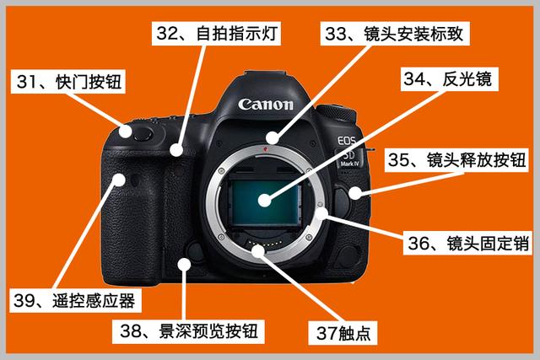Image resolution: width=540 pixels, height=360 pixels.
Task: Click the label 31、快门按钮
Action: click(68, 82)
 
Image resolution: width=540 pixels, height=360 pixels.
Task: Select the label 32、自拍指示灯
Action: click(216, 34)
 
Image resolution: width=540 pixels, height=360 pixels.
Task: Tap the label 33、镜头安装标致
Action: click(395, 34)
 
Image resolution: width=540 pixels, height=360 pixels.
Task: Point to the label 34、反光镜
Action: click(449, 79)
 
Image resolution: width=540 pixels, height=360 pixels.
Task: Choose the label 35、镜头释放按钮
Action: click(456, 160)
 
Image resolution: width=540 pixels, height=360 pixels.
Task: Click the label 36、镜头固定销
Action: click(467, 243)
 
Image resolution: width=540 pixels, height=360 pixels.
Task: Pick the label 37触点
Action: click(343, 333)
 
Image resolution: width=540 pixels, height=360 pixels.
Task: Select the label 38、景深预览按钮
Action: click(188, 331)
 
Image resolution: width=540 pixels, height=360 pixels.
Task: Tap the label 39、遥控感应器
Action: click(75, 301)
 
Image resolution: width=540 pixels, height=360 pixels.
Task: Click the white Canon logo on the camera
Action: click(266, 105)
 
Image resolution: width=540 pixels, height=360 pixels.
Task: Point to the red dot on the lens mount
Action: click(265, 149)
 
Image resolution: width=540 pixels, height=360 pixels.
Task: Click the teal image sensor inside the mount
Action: click(264, 202)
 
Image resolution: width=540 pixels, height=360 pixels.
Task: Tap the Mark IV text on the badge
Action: click(349, 164)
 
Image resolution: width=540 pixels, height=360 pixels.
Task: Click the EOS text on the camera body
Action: click(346, 141)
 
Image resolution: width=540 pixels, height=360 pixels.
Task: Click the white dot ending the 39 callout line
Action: click(119, 180)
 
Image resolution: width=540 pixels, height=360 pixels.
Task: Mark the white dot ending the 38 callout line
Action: click(184, 264)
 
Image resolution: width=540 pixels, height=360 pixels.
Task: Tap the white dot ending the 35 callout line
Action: click(354, 193)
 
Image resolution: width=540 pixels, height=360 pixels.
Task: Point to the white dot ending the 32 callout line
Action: click(176, 150)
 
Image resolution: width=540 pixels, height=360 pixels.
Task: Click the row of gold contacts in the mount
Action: click(266, 244)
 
